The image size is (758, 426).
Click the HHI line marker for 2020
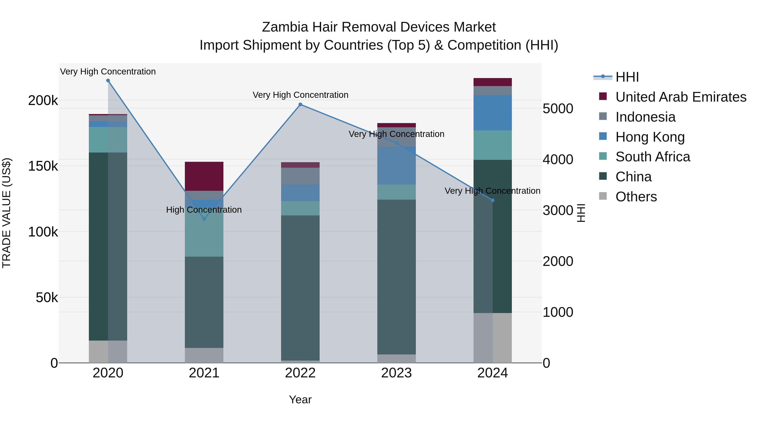108,81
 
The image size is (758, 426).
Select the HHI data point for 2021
204,219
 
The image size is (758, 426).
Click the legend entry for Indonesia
645,117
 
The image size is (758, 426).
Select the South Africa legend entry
652,157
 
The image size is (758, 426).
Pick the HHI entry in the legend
627,77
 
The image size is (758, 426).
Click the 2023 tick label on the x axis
396,373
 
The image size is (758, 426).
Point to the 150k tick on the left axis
43,166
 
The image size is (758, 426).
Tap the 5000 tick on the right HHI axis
558,109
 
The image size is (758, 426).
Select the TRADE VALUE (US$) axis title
7,213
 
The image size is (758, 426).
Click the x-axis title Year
300,399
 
